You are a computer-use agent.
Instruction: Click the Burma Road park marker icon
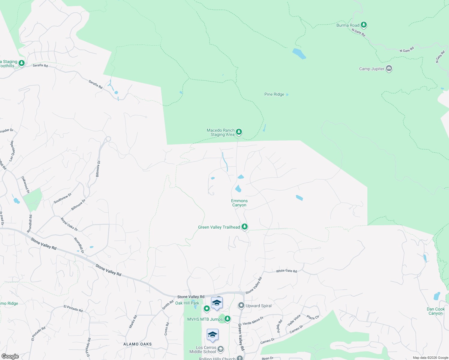point(364,25)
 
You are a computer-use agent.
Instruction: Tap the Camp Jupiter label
point(372,69)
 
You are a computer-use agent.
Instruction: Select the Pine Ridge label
point(274,94)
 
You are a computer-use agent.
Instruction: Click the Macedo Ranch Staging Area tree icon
point(239,132)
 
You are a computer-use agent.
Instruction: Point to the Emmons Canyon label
point(239,203)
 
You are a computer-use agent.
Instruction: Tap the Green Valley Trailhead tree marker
point(245,227)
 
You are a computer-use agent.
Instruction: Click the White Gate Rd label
point(286,271)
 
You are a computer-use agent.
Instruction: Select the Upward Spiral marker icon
point(241,305)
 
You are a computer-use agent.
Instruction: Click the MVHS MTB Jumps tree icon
point(228,319)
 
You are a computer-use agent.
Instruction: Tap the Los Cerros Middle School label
point(203,349)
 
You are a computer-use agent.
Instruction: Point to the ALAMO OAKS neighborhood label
point(137,344)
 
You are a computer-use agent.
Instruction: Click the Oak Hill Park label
point(187,303)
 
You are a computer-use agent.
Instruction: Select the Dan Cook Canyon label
point(436,311)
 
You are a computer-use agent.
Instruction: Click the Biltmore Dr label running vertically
point(98,169)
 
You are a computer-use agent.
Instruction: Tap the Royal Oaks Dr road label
point(69,224)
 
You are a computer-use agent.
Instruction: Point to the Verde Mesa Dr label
point(253,321)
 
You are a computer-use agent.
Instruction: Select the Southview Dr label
point(62,198)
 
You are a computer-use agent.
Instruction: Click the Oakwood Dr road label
point(26,184)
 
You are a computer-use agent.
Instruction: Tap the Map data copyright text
point(430,358)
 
